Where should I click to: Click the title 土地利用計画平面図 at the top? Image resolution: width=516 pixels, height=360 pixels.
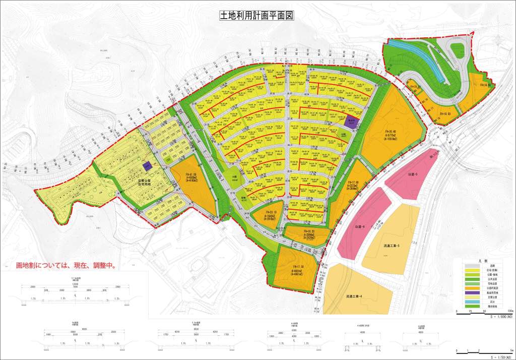[x=256, y=15]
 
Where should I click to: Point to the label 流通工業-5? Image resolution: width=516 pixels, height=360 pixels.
[x=391, y=246]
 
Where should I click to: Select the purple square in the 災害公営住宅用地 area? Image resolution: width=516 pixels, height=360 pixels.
[x=147, y=165]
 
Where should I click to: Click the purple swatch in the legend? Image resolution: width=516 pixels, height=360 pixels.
[x=475, y=292]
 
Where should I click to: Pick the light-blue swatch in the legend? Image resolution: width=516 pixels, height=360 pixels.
[x=475, y=301]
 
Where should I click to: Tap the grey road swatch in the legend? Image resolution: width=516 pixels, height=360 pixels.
[x=475, y=265]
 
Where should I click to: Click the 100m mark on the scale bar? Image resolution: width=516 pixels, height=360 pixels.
[x=510, y=311]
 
